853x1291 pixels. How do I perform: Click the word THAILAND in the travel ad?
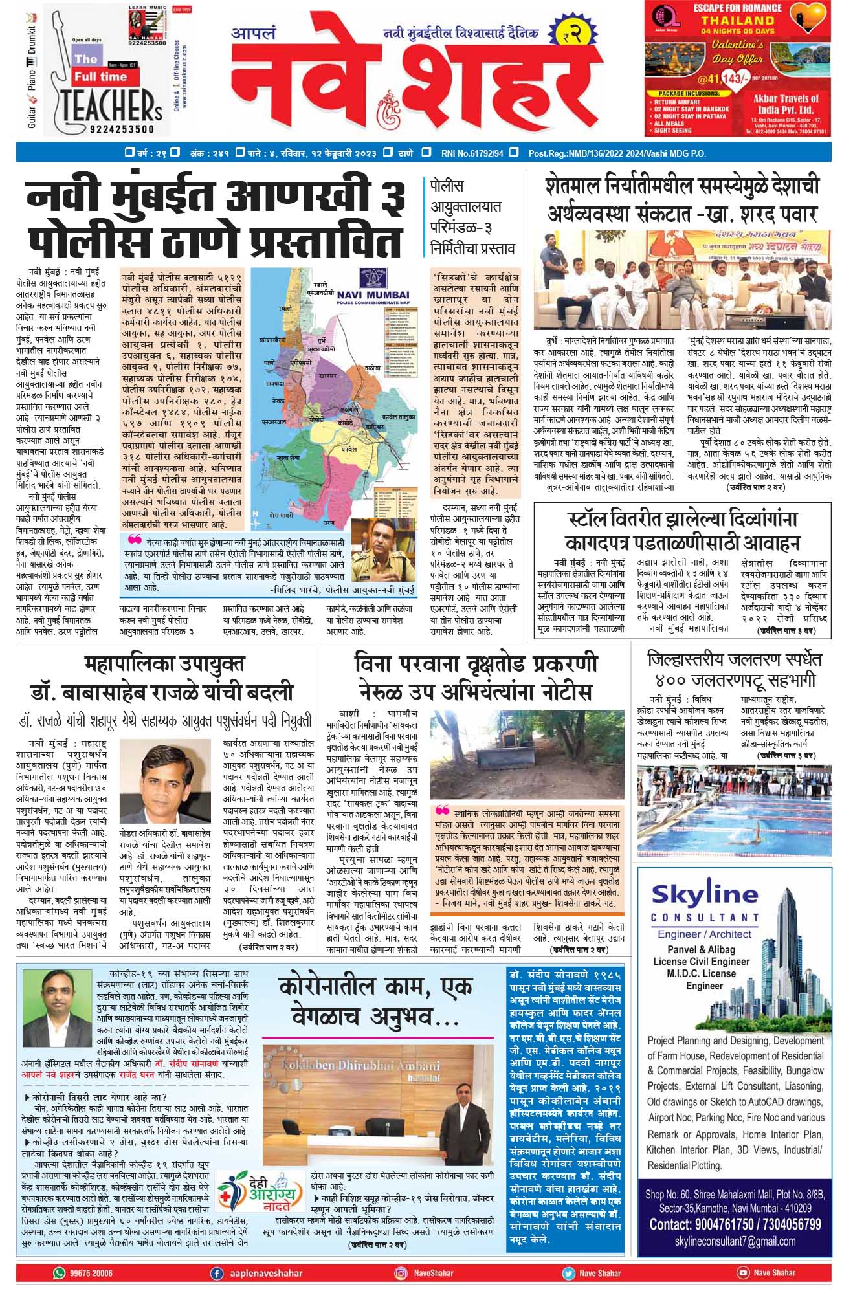click(x=737, y=20)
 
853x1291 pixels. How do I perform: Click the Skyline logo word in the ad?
click(x=704, y=894)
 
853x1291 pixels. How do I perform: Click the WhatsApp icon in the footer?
click(x=59, y=1273)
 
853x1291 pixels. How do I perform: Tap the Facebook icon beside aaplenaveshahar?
click(x=217, y=1273)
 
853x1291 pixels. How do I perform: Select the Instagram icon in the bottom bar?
click(x=401, y=1273)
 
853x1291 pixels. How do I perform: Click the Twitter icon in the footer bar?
click(x=568, y=1273)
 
